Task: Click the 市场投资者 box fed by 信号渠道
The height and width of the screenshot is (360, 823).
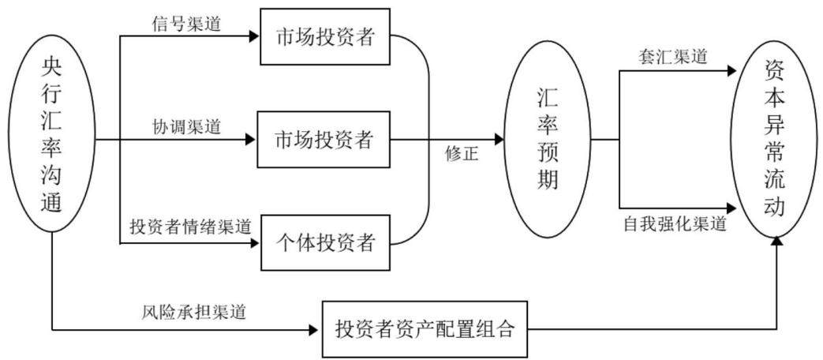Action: pos(325,37)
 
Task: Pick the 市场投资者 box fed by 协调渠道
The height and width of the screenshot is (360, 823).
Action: pos(323,140)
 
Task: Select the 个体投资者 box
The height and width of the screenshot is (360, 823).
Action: pos(325,242)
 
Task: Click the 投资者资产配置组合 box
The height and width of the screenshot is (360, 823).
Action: pos(425,329)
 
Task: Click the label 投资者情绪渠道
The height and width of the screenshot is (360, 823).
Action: pos(190,227)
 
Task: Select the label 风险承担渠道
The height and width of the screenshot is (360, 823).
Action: pos(193,313)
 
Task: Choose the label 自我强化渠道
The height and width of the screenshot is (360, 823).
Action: pos(675,225)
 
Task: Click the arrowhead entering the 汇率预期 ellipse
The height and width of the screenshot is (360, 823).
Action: pos(498,140)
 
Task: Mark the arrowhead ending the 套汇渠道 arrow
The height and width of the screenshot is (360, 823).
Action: pos(731,71)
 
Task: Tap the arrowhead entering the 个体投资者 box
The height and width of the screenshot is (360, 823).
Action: pos(255,243)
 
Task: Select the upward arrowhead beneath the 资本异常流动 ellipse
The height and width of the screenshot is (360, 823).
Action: pos(777,239)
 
